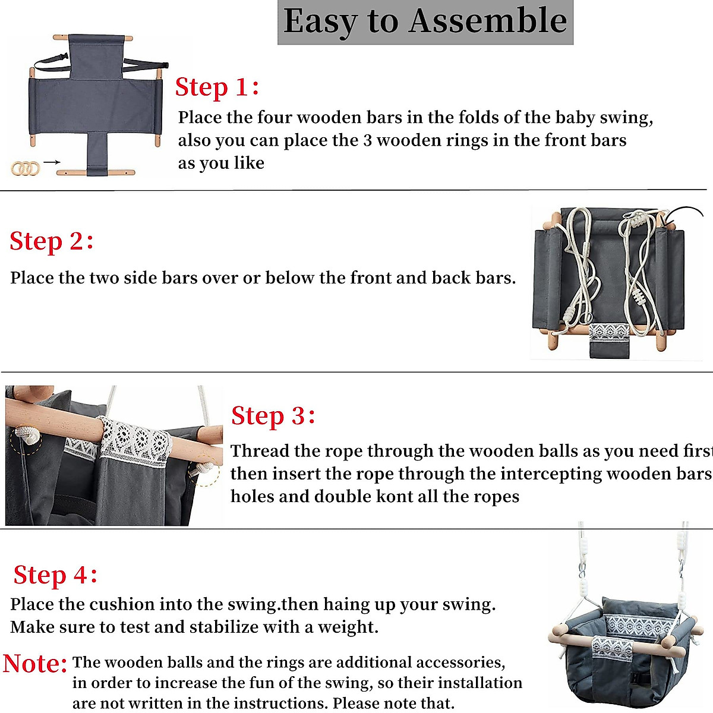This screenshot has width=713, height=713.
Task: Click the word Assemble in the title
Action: pyautogui.click(x=488, y=21)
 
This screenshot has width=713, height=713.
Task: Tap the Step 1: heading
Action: pyautogui.click(x=217, y=87)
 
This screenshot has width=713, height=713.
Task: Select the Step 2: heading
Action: pyautogui.click(x=51, y=241)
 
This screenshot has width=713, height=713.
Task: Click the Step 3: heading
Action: pyautogui.click(x=273, y=417)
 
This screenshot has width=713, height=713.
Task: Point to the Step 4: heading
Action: pyautogui.click(x=55, y=575)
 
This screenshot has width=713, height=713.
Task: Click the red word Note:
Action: pyautogui.click(x=35, y=664)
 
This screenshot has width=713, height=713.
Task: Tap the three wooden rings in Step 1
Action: pyautogui.click(x=25, y=169)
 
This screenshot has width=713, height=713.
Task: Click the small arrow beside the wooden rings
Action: pyautogui.click(x=52, y=162)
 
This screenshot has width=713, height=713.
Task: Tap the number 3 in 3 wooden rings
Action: pyautogui.click(x=367, y=141)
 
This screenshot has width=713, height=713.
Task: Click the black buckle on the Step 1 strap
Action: pyautogui.click(x=63, y=57)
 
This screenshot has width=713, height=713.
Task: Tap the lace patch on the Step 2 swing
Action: pyautogui.click(x=608, y=332)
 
